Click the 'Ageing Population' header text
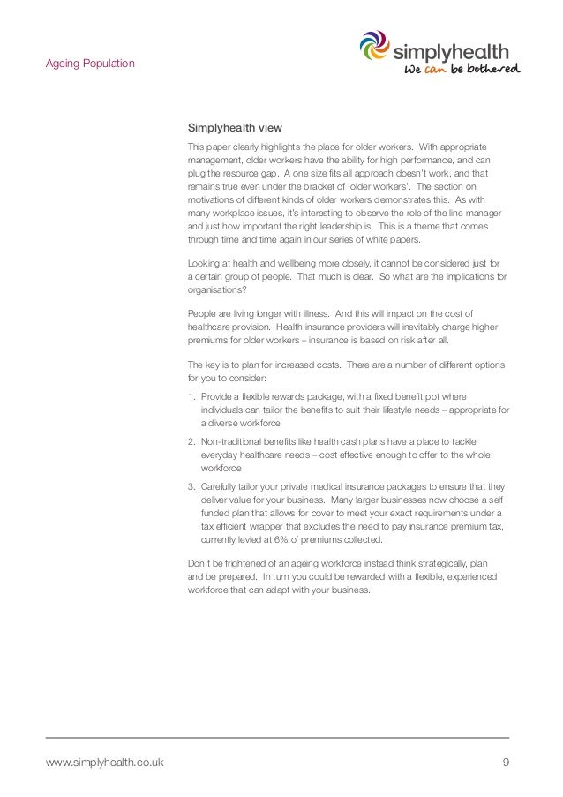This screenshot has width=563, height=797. pyautogui.click(x=90, y=64)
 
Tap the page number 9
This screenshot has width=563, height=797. pyautogui.click(x=506, y=762)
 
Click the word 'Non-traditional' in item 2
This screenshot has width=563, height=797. pyautogui.click(x=231, y=440)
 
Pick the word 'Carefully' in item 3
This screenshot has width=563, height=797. pyautogui.click(x=221, y=485)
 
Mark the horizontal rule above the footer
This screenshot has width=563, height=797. pyautogui.click(x=277, y=737)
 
